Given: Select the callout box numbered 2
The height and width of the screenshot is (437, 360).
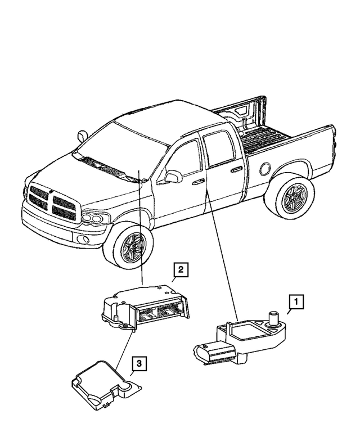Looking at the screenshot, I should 180,271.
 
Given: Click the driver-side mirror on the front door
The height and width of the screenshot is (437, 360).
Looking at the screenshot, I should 172,177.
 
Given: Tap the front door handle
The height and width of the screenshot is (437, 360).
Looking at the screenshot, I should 197,182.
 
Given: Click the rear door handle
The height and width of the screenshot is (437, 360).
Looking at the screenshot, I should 237,168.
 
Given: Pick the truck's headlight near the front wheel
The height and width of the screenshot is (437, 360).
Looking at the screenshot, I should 94,218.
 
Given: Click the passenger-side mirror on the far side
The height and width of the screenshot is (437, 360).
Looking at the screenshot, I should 84,136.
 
